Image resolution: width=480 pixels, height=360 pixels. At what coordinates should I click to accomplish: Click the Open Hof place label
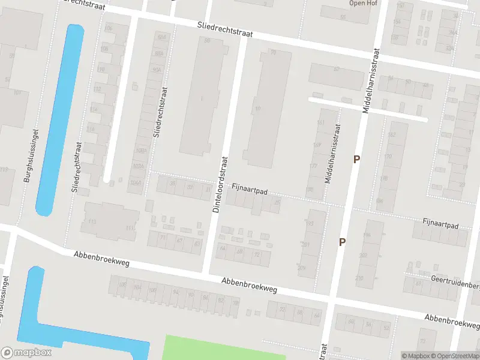coord(362,3)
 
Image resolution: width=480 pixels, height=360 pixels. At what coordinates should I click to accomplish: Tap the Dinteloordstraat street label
coord(221,184)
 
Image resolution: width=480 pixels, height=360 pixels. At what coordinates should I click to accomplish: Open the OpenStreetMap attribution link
coord(457,356)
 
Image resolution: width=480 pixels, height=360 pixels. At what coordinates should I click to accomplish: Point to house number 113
coord(92,222)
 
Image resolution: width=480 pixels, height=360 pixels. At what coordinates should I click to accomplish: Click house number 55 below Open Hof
coord(343,17)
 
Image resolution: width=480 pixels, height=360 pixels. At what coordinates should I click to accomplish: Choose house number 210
coord(359,278)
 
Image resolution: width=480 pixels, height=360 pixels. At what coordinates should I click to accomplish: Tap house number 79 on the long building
coord(273,52)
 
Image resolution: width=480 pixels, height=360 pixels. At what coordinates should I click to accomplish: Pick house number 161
coord(320,123)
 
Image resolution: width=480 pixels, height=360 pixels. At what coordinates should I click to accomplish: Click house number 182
coord(391,134)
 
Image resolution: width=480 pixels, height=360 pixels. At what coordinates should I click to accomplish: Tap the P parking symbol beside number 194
coord(343,242)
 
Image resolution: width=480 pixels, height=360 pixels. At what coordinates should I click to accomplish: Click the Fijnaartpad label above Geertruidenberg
coord(440,226)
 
